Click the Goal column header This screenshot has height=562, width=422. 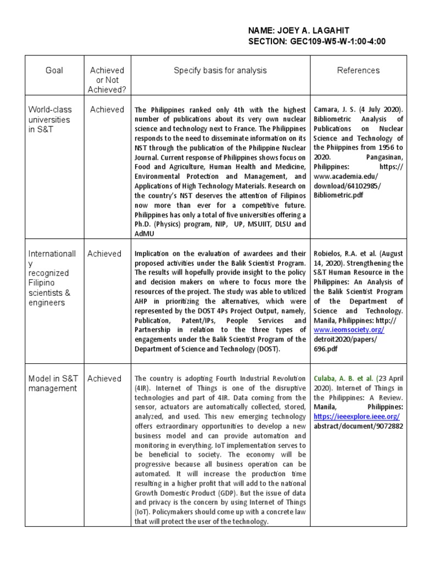(54, 70)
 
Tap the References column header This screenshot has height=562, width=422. (358, 70)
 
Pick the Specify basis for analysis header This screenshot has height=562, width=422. (220, 70)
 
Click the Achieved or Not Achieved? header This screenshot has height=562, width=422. (107, 80)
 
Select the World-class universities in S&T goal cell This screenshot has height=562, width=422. (49, 119)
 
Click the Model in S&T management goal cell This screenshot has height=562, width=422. (53, 383)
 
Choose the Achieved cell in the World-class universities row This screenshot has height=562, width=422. (107, 109)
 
